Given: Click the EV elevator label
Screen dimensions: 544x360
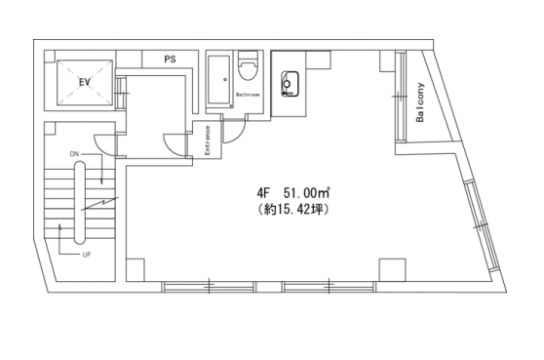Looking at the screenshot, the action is click(x=85, y=82).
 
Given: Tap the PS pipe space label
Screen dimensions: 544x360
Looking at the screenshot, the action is click(x=170, y=60).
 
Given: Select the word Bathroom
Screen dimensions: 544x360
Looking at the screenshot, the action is click(x=248, y=95).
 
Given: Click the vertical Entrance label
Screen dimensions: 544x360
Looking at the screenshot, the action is click(x=208, y=140).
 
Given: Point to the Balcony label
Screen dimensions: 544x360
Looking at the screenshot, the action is click(x=420, y=102).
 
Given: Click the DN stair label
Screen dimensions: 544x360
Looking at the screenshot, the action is click(x=74, y=154).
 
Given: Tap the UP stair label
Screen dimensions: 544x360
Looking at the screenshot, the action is click(x=87, y=255).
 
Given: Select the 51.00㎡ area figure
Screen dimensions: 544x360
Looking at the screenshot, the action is click(x=306, y=192).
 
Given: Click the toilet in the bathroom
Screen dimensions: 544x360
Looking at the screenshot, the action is click(x=249, y=66).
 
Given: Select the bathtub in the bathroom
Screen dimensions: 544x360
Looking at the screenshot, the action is click(x=219, y=79).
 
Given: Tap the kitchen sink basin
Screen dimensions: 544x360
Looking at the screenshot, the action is click(x=291, y=83).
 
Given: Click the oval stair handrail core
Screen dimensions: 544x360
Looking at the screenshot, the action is click(x=79, y=202).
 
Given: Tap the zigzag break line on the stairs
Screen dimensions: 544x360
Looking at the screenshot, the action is click(x=99, y=204).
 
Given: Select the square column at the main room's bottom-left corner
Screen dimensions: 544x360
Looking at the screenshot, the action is click(x=136, y=269).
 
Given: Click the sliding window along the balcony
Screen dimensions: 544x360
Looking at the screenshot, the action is click(x=401, y=97).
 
